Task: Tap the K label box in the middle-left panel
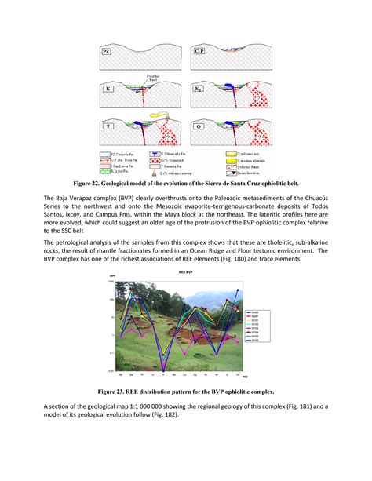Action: pos(108,89)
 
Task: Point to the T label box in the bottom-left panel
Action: pos(108,126)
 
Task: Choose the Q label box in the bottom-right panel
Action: pos(199,126)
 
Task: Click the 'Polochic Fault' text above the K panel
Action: pos(156,78)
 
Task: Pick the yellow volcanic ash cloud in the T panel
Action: pos(160,116)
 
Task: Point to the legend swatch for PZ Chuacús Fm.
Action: pos(104,155)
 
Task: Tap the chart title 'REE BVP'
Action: pos(185,269)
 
